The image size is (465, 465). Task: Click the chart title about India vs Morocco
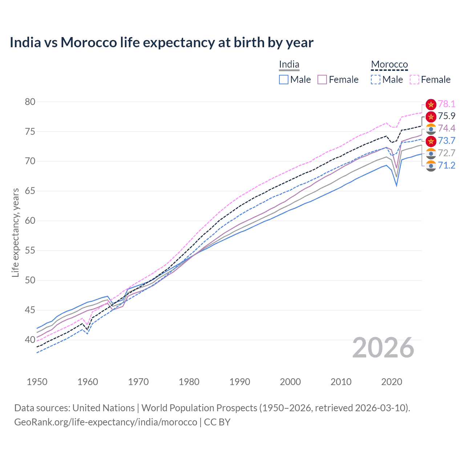coord(161,43)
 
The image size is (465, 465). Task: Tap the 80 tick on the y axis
coord(30,102)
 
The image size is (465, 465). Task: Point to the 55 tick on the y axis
coord(30,251)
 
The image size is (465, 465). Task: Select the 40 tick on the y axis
coord(30,340)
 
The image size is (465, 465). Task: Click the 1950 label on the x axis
coord(37,382)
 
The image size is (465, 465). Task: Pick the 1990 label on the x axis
coord(240,382)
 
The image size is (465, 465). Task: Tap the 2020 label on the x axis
coord(392,382)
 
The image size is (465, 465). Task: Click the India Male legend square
coord(284,80)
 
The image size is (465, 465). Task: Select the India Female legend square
coord(322,80)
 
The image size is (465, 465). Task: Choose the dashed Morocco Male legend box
coord(376,80)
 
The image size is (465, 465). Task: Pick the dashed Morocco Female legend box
coord(415,80)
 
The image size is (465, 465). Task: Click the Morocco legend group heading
coord(389,64)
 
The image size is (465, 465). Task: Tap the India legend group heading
coord(289,64)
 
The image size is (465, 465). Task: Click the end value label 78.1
coord(446,104)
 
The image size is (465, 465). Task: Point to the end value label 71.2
coord(446,166)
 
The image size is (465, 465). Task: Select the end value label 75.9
coord(446,116)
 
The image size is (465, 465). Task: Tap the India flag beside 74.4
coord(431,129)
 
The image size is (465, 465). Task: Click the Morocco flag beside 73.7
coord(431,141)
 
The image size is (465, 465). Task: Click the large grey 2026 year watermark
coord(383,348)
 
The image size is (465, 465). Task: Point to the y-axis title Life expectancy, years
coord(15,232)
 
